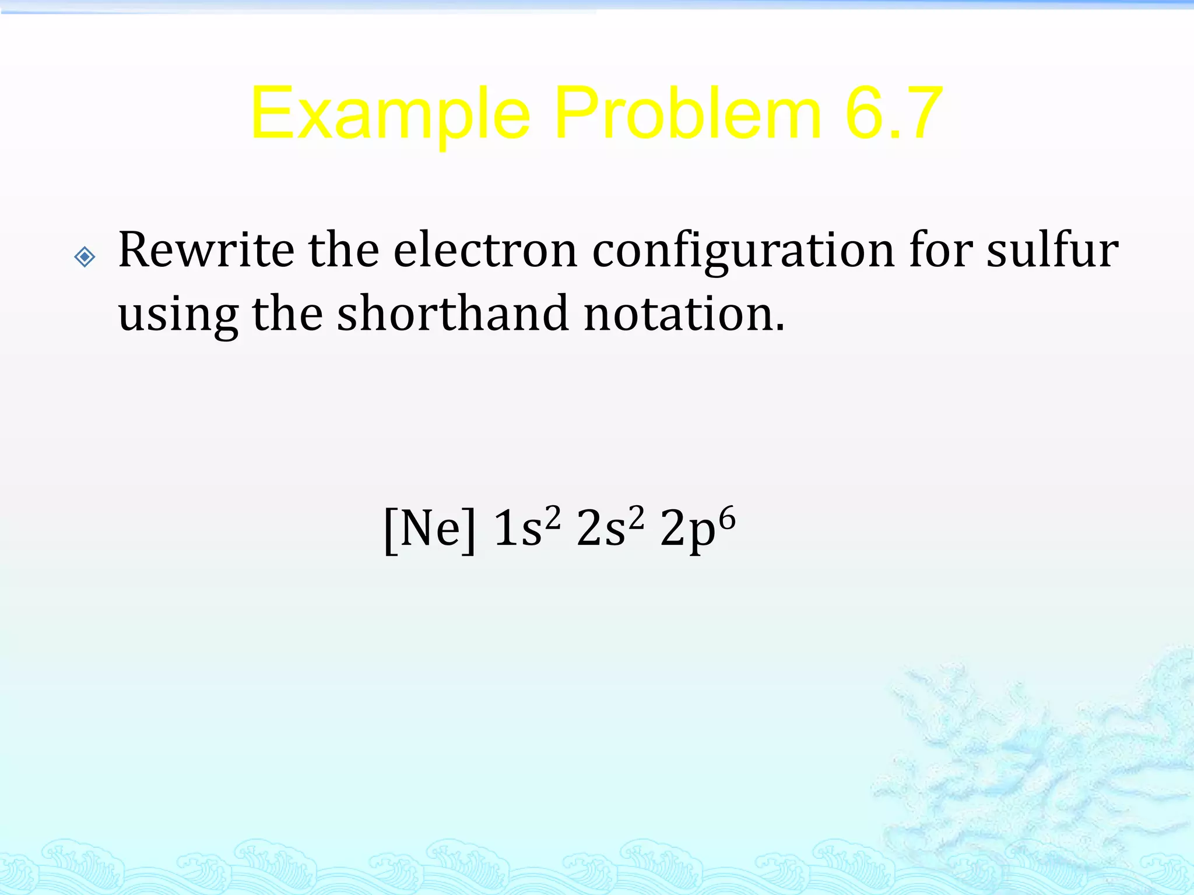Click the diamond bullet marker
click(85, 256)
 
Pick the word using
click(178, 315)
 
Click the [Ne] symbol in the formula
click(430, 529)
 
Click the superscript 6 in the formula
click(727, 516)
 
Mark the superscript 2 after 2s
click(637, 516)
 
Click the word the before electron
click(343, 251)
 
